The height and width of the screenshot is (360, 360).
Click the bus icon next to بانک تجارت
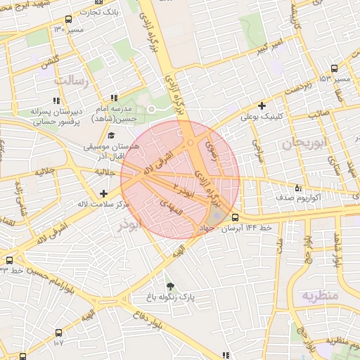[67, 19]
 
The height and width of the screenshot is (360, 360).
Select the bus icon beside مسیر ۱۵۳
[333, 69]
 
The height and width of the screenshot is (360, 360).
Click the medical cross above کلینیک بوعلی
[262, 106]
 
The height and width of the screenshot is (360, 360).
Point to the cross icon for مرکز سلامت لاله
[104, 193]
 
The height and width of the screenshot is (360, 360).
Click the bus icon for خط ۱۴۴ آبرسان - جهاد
[234, 218]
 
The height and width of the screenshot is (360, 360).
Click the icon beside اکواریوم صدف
[298, 188]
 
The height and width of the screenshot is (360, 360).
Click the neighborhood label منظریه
[321, 295]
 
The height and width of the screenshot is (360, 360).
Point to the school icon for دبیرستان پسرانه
[56, 101]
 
